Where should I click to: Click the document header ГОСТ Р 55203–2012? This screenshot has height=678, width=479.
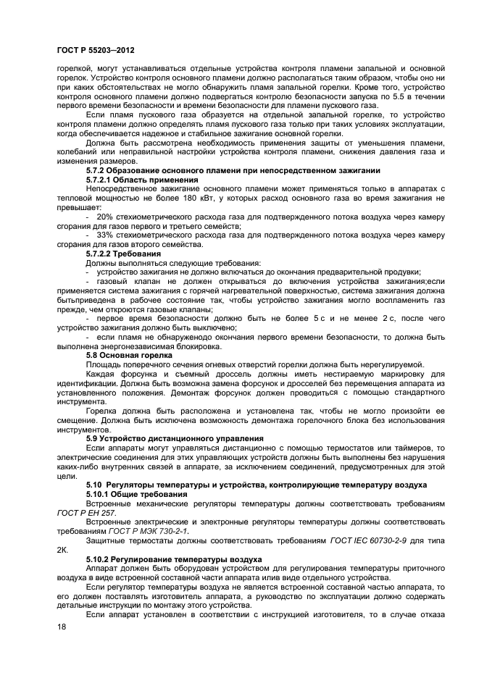[x=94, y=49]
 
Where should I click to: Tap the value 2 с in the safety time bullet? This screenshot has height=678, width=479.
[x=391, y=319]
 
